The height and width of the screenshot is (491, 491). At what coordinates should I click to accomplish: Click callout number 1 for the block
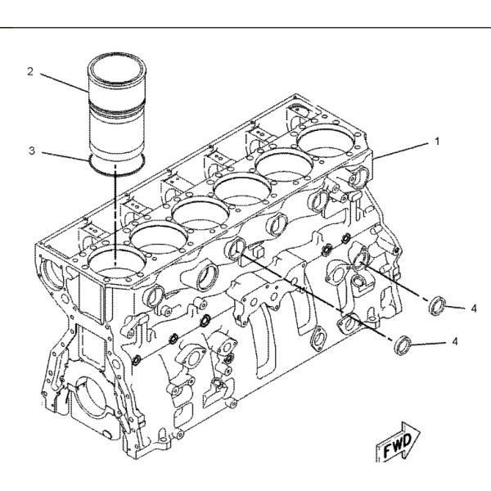pyautogui.click(x=437, y=142)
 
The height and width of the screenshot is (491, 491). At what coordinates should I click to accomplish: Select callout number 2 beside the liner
pyautogui.click(x=29, y=71)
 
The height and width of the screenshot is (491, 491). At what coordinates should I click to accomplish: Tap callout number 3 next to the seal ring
pyautogui.click(x=32, y=151)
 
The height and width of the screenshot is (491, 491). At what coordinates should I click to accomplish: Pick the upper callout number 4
pyautogui.click(x=474, y=309)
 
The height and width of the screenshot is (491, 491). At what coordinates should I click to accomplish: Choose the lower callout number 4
pyautogui.click(x=455, y=341)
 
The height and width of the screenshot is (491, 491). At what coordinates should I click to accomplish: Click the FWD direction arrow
pyautogui.click(x=398, y=442)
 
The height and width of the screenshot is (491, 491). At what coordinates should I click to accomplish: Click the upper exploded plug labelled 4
pyautogui.click(x=438, y=304)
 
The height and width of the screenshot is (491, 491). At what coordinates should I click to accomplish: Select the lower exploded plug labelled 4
pyautogui.click(x=401, y=345)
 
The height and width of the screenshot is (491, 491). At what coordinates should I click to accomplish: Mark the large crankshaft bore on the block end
pyautogui.click(x=91, y=399)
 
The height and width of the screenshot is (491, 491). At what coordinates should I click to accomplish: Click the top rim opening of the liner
pyautogui.click(x=116, y=69)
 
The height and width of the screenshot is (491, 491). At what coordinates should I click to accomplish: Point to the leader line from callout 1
pyautogui.click(x=401, y=151)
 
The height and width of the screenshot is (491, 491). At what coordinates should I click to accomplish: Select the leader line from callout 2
pyautogui.click(x=64, y=83)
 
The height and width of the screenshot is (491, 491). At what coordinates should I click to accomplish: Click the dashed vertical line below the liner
pyautogui.click(x=115, y=216)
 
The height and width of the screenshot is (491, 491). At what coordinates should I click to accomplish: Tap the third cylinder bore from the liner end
pyautogui.click(x=200, y=213)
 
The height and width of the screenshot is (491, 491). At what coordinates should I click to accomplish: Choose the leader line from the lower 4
pyautogui.click(x=427, y=343)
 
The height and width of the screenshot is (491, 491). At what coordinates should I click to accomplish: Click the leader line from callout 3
pyautogui.click(x=65, y=156)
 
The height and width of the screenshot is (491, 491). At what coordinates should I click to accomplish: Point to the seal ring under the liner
pyautogui.click(x=117, y=164)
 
